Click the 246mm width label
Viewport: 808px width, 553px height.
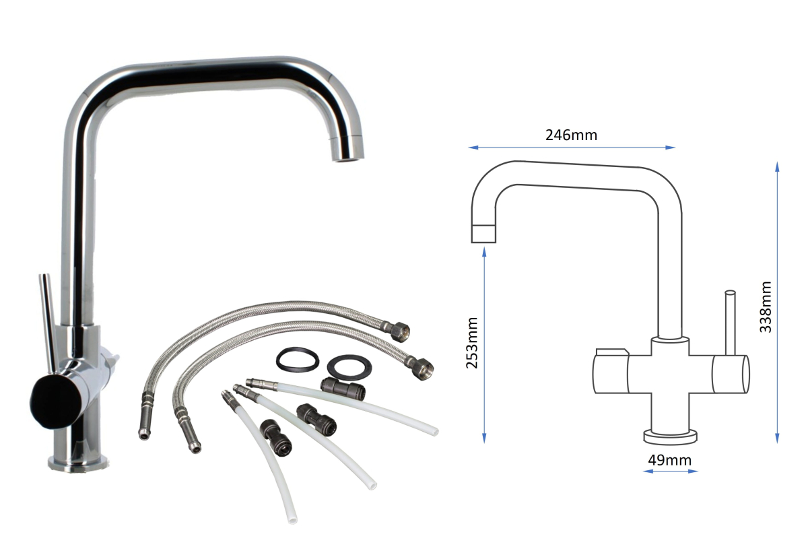point(571,135)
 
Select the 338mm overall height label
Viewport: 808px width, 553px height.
point(765,307)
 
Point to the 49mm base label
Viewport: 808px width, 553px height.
point(669,460)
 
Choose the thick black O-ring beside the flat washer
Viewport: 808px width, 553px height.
point(297,360)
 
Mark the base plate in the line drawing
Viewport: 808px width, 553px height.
point(671,436)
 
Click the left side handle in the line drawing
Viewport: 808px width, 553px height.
point(610,372)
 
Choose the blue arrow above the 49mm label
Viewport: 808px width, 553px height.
point(670,471)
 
